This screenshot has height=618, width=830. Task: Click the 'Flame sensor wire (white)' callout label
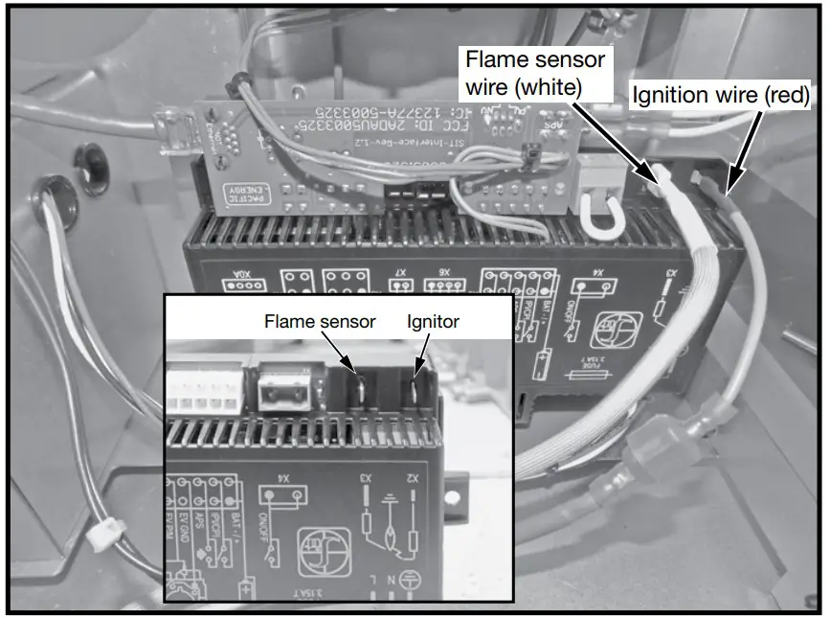pyautogui.click(x=535, y=74)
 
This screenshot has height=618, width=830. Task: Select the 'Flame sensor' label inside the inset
pyautogui.click(x=320, y=323)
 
